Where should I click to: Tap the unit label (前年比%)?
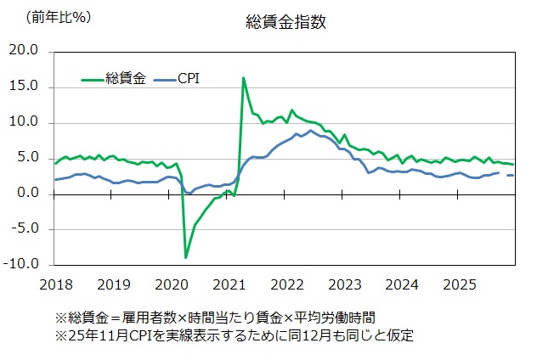[59, 17]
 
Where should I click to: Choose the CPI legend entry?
[189, 79]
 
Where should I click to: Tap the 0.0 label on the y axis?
[28, 194]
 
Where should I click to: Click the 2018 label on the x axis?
[55, 283]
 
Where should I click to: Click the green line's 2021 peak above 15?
[244, 78]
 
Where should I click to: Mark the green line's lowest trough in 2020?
[185, 256]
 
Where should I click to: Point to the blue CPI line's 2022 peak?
[311, 130]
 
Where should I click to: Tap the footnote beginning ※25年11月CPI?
[234, 335]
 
